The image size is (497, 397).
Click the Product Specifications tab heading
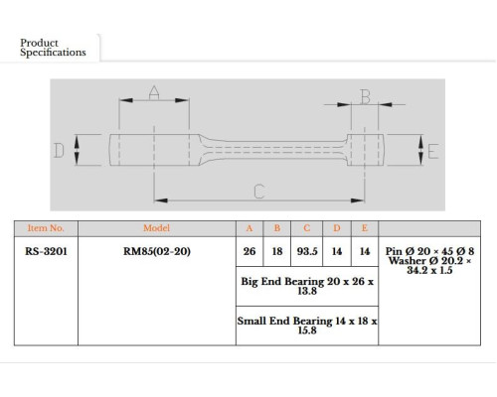(53, 48)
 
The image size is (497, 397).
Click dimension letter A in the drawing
(154, 92)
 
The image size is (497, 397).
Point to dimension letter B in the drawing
(365, 96)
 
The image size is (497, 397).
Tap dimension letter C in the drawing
(259, 192)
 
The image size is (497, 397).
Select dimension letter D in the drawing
(59, 151)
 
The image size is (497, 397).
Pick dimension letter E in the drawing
(433, 152)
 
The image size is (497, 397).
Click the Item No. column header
(46, 228)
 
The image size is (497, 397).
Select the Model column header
(156, 228)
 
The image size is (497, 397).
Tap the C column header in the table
(307, 228)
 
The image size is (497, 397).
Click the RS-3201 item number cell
(46, 251)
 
